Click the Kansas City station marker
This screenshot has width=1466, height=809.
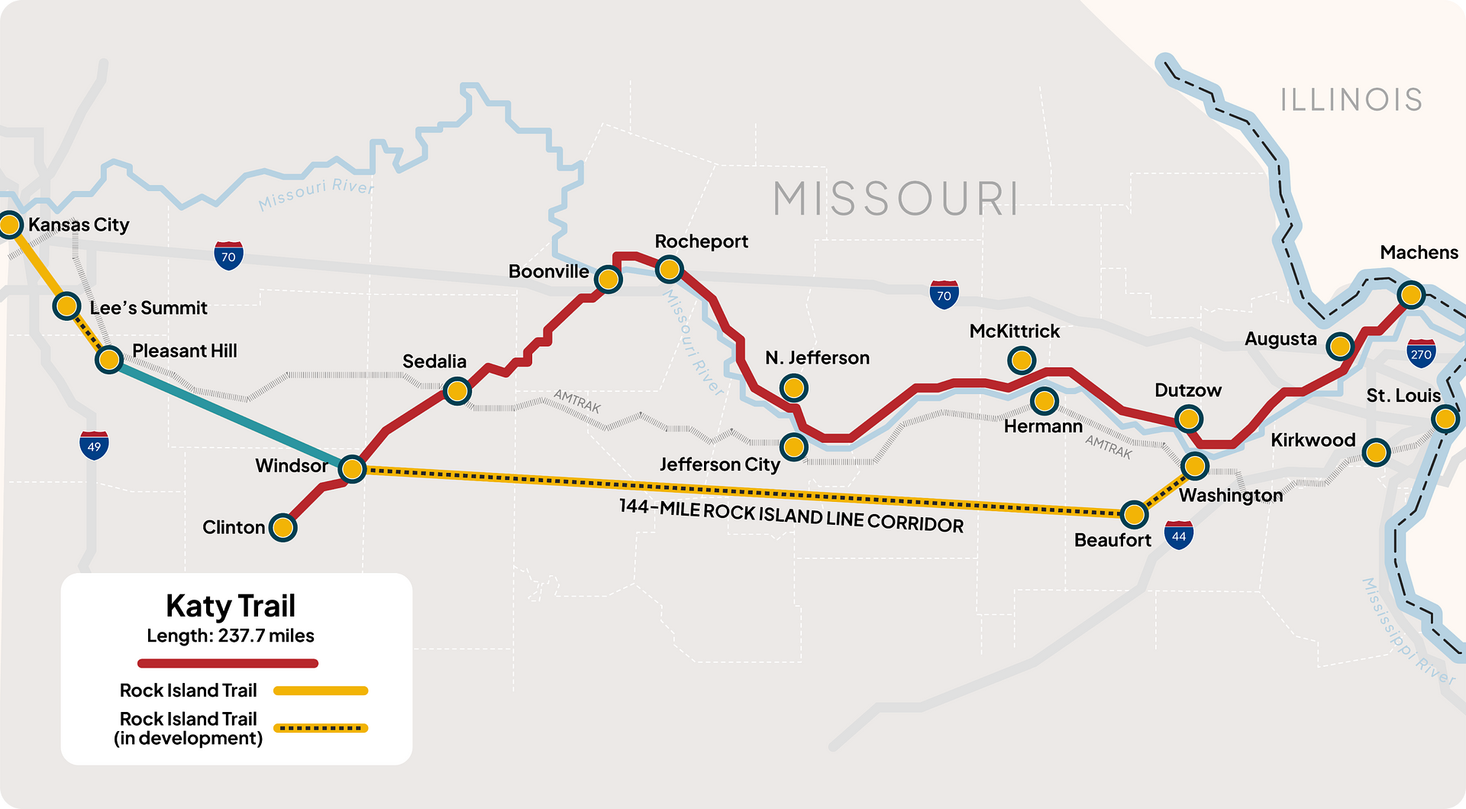(10, 225)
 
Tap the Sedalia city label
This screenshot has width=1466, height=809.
(434, 361)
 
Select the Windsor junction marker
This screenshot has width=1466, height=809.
(352, 468)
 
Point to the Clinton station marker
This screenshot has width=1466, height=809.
(283, 527)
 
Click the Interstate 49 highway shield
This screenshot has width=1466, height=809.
(94, 445)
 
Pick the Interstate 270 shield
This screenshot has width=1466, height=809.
(1421, 354)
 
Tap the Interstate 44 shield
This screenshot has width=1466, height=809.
(1179, 536)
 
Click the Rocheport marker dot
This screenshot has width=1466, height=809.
(669, 269)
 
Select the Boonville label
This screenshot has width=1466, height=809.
(548, 272)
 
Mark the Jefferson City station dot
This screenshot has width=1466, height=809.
(794, 446)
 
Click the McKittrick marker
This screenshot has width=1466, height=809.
(1022, 359)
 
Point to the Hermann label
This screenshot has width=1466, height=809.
(1043, 426)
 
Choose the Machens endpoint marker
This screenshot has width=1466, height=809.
(1411, 294)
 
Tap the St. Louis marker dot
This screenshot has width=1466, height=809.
(1445, 419)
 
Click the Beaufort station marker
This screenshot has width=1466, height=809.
(1135, 514)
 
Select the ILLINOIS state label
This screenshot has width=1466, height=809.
(1351, 100)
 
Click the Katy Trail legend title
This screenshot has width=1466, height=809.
(231, 606)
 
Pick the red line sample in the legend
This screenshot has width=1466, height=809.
(228, 663)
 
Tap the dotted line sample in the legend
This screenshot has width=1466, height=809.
(321, 728)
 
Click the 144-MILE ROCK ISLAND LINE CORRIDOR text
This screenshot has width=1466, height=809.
(791, 516)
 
